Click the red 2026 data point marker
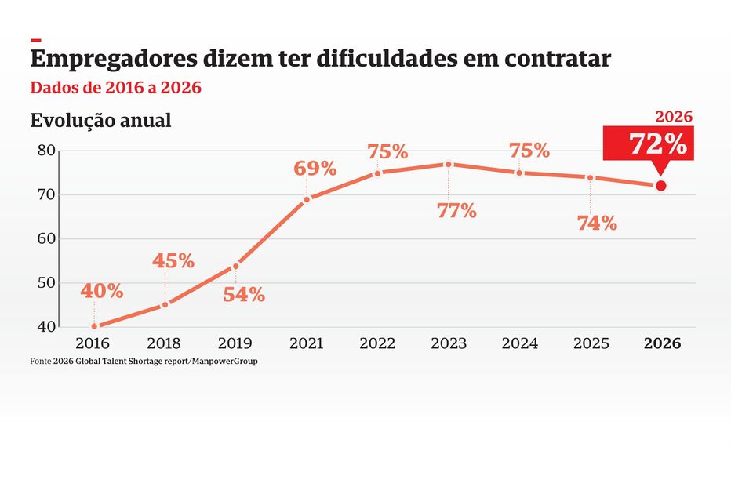660,186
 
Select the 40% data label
102,291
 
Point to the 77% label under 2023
456,211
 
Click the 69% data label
315,169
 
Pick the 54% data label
244,296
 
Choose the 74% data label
597,224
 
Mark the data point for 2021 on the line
307,199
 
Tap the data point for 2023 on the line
449,164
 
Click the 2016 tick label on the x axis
93,343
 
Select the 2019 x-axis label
235,343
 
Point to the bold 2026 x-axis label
662,343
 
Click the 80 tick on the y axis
45,151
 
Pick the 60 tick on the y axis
45,238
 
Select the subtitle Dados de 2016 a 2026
115,88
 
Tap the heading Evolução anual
100,122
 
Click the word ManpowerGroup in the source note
228,362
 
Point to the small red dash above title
35,39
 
